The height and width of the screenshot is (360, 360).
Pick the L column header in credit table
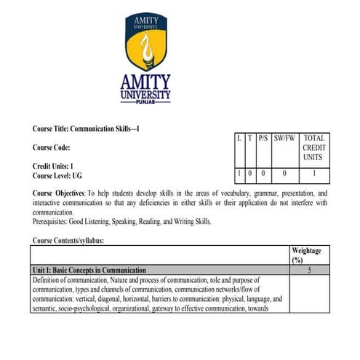click(239, 137)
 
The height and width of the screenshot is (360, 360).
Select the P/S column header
click(263, 137)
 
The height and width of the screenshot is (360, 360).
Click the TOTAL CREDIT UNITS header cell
click(314, 148)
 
